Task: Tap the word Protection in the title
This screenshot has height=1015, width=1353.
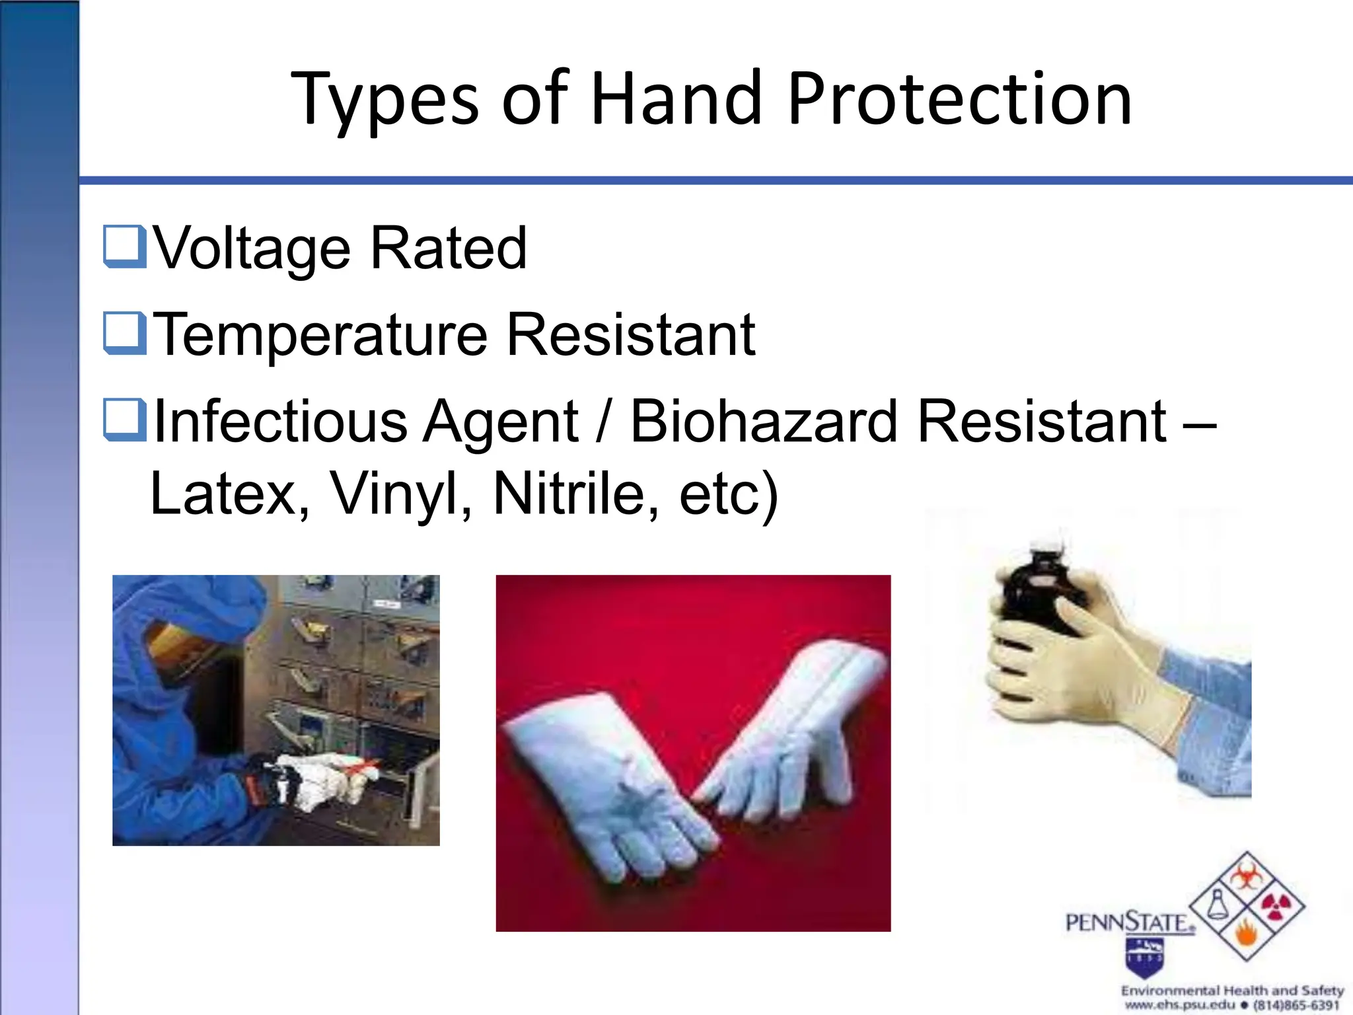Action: click(959, 99)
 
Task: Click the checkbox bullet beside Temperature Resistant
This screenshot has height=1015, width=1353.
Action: click(124, 333)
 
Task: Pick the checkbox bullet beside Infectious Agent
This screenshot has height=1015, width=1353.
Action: click(124, 420)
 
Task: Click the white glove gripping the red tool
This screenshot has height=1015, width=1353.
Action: click(324, 780)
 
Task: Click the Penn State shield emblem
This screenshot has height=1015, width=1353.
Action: click(1145, 957)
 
